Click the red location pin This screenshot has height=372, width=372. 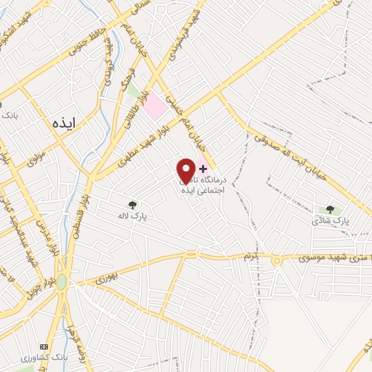click(186, 169)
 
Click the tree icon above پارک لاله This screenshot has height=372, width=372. click(132, 205)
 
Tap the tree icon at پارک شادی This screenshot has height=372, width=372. click(330, 210)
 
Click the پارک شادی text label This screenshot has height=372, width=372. click(336, 221)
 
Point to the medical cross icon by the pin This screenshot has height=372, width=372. click(203, 168)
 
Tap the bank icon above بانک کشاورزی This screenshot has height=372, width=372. click(44, 346)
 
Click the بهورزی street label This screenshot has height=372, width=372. click(106, 276)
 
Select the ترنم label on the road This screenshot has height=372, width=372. click(251, 256)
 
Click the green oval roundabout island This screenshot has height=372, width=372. click(62, 281)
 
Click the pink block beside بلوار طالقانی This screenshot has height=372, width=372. click(155, 109)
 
